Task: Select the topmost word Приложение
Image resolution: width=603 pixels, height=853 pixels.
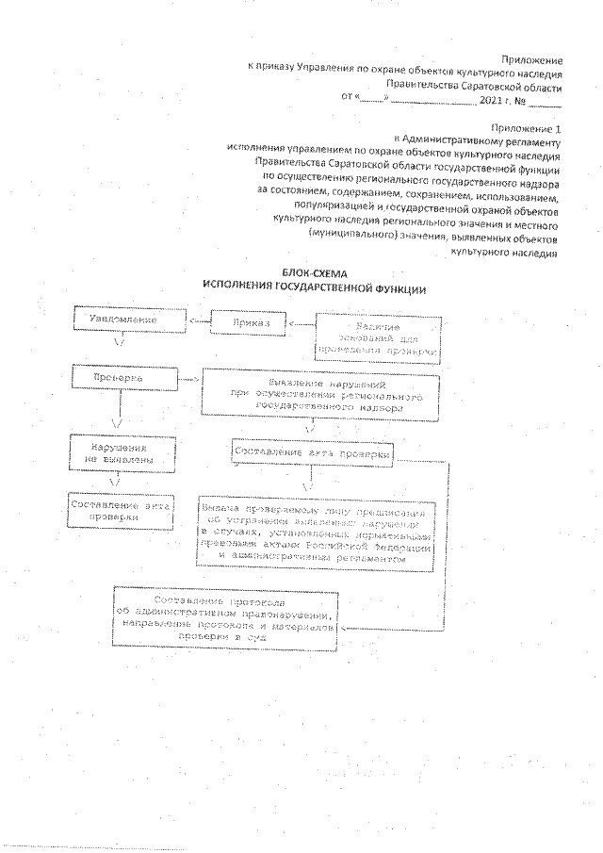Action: (x=532, y=58)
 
